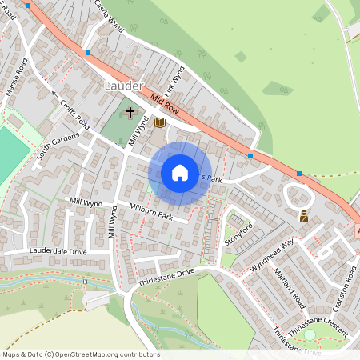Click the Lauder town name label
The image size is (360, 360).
(124, 85)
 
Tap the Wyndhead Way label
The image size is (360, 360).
(273, 254)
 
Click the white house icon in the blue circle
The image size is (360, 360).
(180, 173)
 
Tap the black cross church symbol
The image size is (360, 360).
(130, 114)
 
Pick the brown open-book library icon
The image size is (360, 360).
(160, 122)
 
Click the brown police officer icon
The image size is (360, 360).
(305, 216)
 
